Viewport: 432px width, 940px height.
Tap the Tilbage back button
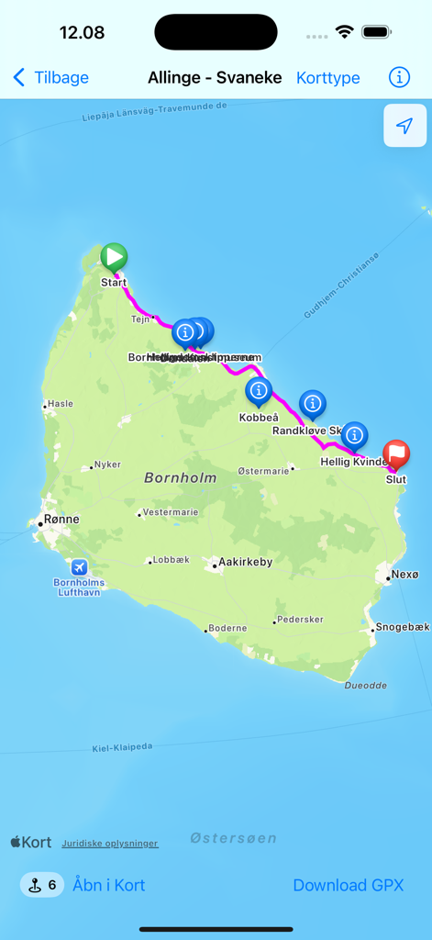click(51, 78)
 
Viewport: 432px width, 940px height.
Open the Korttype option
click(327, 78)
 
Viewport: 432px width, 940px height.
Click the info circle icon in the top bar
click(399, 77)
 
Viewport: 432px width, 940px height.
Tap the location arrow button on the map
click(404, 126)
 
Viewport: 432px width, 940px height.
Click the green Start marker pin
click(114, 258)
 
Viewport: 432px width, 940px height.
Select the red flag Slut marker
click(396, 453)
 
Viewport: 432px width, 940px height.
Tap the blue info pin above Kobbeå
click(259, 392)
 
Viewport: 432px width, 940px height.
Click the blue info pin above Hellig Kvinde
click(354, 435)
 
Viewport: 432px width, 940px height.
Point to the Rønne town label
click(61, 520)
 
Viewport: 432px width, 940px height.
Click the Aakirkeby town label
click(244, 562)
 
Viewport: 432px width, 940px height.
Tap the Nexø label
click(404, 575)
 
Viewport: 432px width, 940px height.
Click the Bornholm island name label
click(181, 477)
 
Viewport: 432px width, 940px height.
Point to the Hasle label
click(61, 404)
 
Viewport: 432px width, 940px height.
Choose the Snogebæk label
click(403, 627)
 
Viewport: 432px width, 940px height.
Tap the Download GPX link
click(348, 885)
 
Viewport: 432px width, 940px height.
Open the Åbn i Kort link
click(109, 885)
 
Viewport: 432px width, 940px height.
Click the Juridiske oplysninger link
click(110, 843)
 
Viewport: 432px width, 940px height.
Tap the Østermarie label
click(263, 470)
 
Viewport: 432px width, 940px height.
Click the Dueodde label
click(365, 686)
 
